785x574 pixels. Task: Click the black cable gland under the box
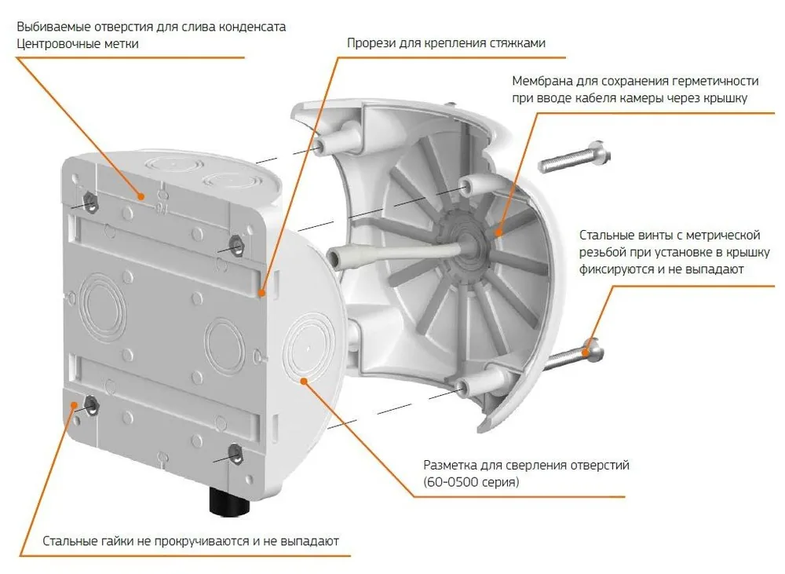(229, 501)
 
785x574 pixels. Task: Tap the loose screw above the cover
(575, 157)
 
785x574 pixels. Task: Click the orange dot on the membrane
(498, 232)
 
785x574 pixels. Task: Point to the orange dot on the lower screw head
(585, 353)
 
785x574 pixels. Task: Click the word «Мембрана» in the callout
(542, 81)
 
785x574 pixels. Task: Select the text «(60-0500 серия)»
(471, 482)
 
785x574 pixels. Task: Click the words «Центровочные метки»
(78, 43)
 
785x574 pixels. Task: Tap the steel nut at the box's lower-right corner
(235, 454)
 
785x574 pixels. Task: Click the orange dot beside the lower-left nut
(75, 404)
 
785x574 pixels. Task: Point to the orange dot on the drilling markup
(304, 382)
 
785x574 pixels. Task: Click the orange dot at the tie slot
(261, 293)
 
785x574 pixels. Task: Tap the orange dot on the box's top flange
(141, 196)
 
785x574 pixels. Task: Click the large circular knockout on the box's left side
(102, 304)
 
